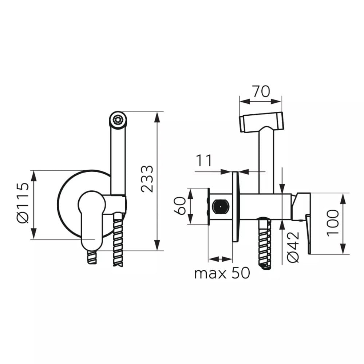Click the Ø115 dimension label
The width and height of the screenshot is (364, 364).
23,203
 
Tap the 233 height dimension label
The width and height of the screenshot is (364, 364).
147,179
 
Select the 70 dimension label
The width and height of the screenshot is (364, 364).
261,91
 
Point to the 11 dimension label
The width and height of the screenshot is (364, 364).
204,161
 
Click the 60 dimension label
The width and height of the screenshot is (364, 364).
180,206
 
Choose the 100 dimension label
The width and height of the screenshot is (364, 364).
333,223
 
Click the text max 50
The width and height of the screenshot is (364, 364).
222,273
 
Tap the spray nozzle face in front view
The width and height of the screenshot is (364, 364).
118,120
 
